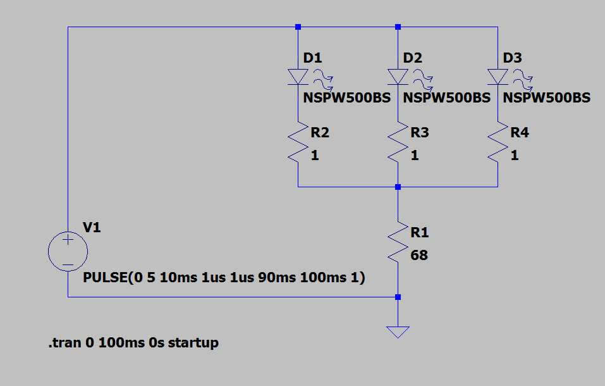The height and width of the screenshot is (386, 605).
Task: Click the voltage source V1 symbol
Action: point(68,252)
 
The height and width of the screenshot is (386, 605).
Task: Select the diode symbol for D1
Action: point(298,77)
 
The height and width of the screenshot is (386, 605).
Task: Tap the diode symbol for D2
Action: point(398,77)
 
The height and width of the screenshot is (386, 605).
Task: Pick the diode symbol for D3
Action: point(498,77)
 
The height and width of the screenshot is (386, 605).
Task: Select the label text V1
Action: point(92,228)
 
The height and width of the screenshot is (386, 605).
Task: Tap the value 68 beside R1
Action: point(419,256)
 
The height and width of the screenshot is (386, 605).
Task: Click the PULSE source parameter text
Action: point(224,278)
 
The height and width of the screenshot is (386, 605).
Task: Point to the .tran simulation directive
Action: point(133,343)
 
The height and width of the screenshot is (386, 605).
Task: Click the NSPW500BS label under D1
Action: point(347,98)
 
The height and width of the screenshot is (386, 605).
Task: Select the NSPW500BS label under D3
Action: point(547,98)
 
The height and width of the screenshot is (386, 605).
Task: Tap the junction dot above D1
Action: point(298,27)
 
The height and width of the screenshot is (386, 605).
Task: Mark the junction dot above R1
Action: point(398,187)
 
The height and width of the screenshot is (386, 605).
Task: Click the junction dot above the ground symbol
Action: point(398,297)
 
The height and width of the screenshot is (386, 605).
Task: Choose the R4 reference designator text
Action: point(520,133)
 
